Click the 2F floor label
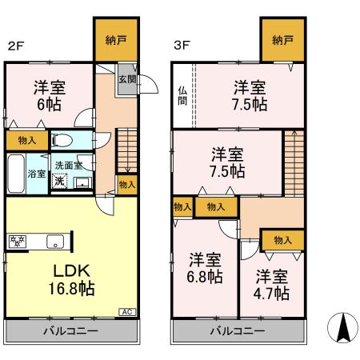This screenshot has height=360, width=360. pos(15,46)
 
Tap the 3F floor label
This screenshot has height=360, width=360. pos(182,46)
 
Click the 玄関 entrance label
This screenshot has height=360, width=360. pos(126,79)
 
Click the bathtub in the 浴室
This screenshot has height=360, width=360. pos(16,172)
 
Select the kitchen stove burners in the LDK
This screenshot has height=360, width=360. pos(18,240)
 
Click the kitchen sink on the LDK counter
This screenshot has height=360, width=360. pos(54,240)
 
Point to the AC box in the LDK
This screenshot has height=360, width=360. pos(126,311)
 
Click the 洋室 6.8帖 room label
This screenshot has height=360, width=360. pos(205,267)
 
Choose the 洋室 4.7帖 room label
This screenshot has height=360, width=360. pos(272,285)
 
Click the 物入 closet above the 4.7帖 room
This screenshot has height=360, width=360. pos(282,239)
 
